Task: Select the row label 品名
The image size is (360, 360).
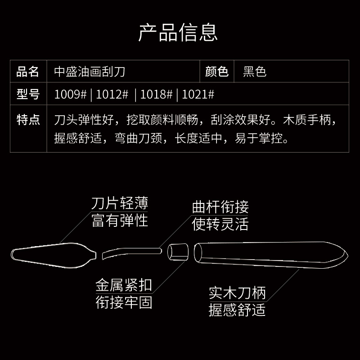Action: [28, 71]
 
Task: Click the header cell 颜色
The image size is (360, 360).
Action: [217, 71]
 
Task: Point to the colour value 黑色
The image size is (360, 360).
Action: [255, 71]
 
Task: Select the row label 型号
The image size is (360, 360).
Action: [28, 94]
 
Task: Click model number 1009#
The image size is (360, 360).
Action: [70, 94]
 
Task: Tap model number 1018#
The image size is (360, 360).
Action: [156, 94]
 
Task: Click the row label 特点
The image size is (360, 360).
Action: [28, 120]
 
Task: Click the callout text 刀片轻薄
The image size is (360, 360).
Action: [120, 203]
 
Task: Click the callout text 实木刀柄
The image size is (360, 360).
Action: [237, 293]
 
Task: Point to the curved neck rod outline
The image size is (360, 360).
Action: [131, 251]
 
